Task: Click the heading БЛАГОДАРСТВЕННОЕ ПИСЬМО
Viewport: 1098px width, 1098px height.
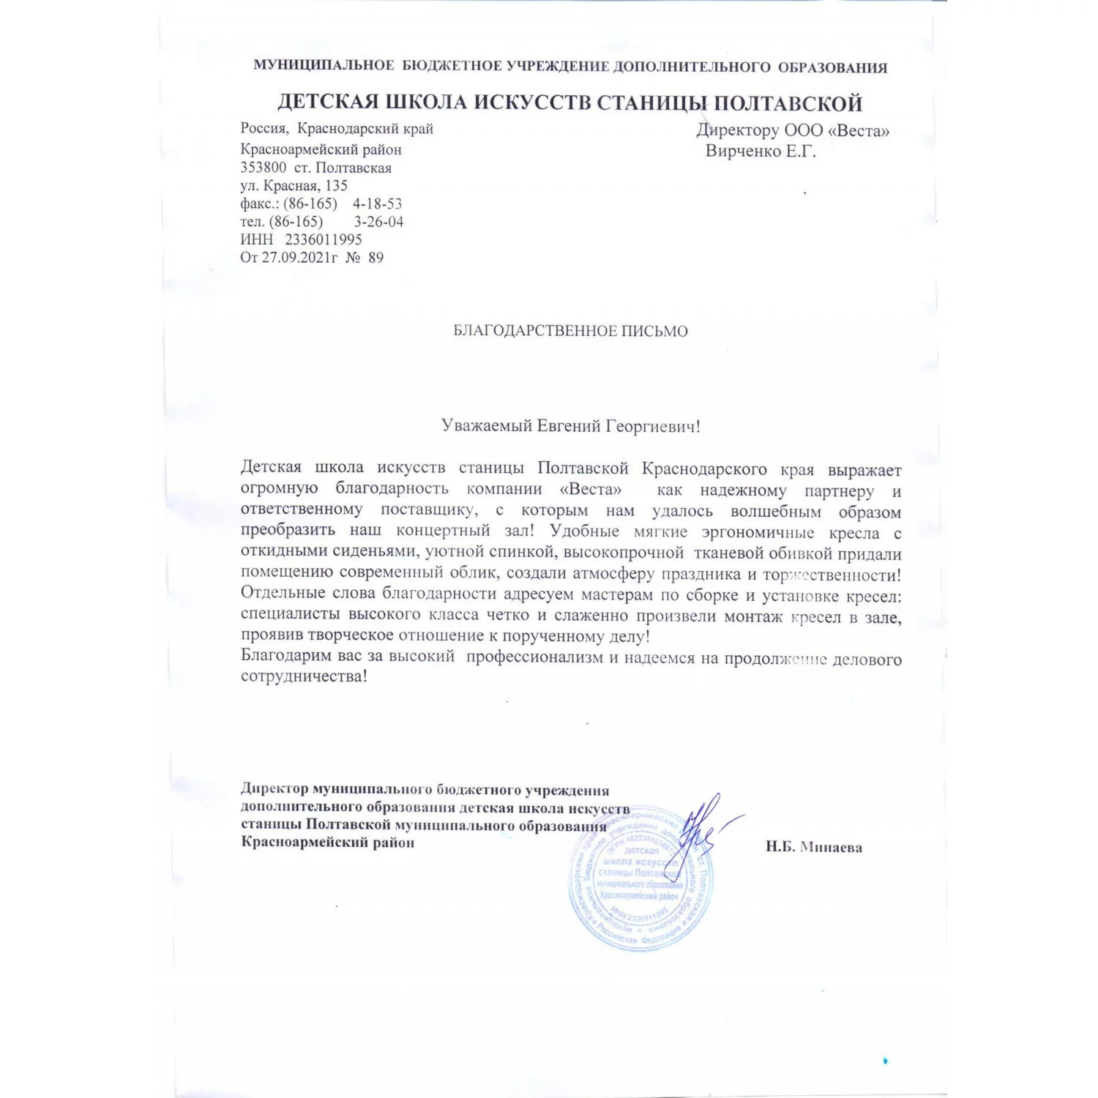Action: [x=570, y=331]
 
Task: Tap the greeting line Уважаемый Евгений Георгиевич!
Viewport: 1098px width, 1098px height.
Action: [x=570, y=426]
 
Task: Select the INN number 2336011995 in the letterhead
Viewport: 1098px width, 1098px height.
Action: [x=323, y=239]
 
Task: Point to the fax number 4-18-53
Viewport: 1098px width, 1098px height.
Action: [x=377, y=203]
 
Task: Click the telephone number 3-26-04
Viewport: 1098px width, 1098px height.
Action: [x=378, y=222]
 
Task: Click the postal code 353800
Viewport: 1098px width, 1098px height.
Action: [x=263, y=168]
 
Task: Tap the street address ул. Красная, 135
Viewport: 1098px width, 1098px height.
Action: [x=294, y=186]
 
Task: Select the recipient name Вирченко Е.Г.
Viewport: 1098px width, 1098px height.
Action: [x=760, y=152]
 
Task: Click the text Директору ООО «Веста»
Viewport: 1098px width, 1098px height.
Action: [x=793, y=131]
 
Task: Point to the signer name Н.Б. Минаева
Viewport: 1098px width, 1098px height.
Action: [x=814, y=848]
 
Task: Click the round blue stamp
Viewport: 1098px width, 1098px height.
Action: [x=640, y=882]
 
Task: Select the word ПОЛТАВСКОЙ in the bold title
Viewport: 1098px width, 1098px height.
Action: [x=788, y=102]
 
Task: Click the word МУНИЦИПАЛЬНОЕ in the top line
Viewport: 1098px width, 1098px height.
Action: [x=324, y=66]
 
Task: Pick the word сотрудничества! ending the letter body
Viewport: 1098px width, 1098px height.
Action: [x=304, y=676]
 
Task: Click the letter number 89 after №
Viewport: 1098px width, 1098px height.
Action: [x=376, y=258]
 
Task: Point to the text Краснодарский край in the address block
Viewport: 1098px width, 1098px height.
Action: [x=365, y=129]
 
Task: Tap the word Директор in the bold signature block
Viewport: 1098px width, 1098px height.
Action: [x=274, y=790]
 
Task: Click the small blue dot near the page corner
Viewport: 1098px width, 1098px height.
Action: [x=885, y=1060]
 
